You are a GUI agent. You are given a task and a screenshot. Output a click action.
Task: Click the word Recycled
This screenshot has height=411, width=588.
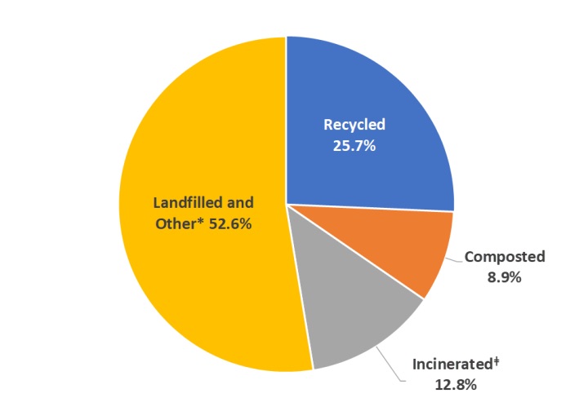tap(354, 125)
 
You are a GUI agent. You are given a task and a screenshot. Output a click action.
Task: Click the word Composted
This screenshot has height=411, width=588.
tap(504, 257)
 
